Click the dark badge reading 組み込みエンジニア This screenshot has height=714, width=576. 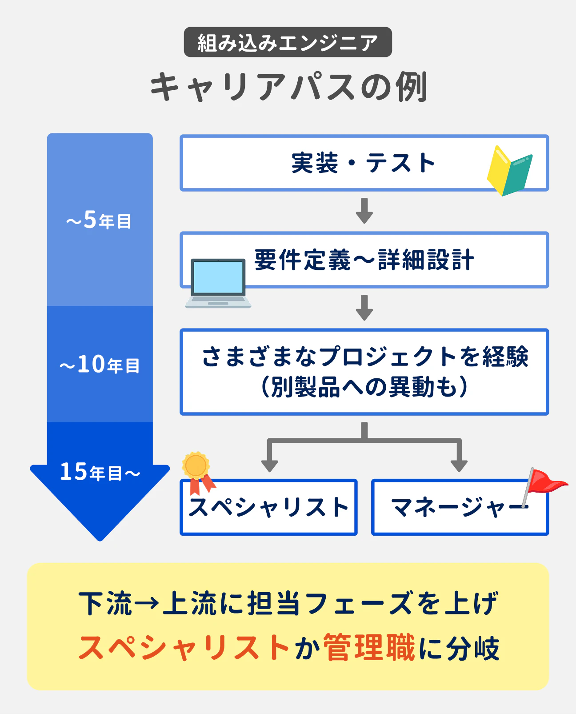click(x=288, y=42)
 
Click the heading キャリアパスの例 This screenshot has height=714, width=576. click(x=288, y=87)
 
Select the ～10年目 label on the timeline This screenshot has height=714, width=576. click(x=100, y=365)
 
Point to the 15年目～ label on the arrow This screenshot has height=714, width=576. click(x=100, y=472)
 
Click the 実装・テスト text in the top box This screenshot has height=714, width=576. click(x=363, y=163)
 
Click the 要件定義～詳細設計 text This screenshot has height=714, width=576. click(x=364, y=260)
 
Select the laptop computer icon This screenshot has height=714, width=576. click(x=218, y=283)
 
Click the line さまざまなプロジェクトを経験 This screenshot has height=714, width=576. click(x=364, y=357)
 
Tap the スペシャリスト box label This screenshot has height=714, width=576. click(x=268, y=507)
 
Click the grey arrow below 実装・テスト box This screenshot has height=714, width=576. click(x=364, y=211)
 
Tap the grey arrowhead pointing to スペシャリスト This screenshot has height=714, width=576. click(x=269, y=465)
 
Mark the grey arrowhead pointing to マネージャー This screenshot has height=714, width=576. click(x=459, y=465)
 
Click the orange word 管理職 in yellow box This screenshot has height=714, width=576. click(x=369, y=648)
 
